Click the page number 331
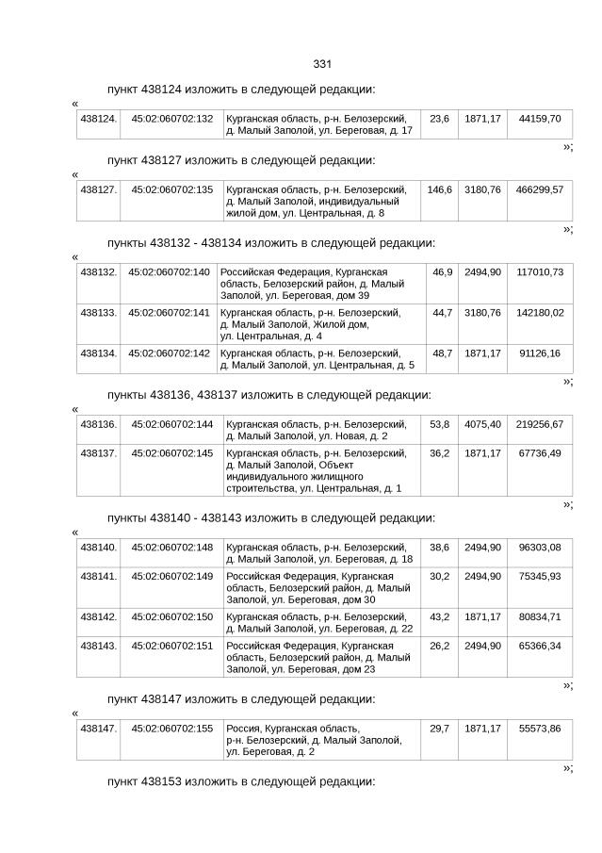(x=321, y=64)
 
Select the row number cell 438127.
(x=99, y=189)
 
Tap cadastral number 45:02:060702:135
(x=172, y=189)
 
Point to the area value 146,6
(x=439, y=189)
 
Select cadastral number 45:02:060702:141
(x=169, y=312)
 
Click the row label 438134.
(x=99, y=353)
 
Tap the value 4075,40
(x=482, y=424)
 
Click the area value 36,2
(x=439, y=453)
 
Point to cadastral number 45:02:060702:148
(x=172, y=547)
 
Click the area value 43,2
(x=439, y=616)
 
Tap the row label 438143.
(x=99, y=646)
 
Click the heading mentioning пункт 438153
(x=241, y=782)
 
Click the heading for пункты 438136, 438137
(x=268, y=395)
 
